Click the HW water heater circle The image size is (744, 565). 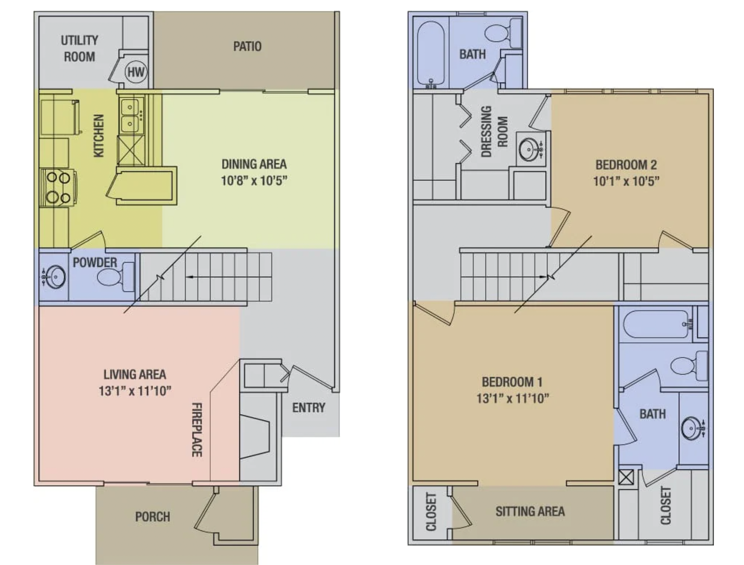pyautogui.click(x=136, y=72)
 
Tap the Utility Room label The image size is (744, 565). pyautogui.click(x=79, y=48)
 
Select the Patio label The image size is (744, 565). pyautogui.click(x=247, y=46)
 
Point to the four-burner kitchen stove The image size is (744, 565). pyautogui.click(x=57, y=188)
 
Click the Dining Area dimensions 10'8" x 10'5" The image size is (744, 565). pyautogui.click(x=254, y=180)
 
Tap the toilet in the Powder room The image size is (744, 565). pyautogui.click(x=116, y=277)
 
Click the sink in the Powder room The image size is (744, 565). pyautogui.click(x=54, y=277)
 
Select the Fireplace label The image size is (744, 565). pyautogui.click(x=197, y=430)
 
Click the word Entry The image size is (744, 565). pyautogui.click(x=309, y=407)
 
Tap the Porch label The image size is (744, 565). pyautogui.click(x=153, y=517)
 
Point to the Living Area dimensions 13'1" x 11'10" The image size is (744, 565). pyautogui.click(x=135, y=391)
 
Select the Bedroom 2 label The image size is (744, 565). pyautogui.click(x=626, y=165)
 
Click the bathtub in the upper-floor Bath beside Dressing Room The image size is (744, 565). pyautogui.click(x=431, y=54)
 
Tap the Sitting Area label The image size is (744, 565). pyautogui.click(x=530, y=511)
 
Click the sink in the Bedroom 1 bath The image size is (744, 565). pyautogui.click(x=692, y=428)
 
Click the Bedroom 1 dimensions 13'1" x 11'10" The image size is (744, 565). pyautogui.click(x=512, y=398)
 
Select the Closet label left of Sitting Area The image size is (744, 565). pyautogui.click(x=431, y=512)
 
